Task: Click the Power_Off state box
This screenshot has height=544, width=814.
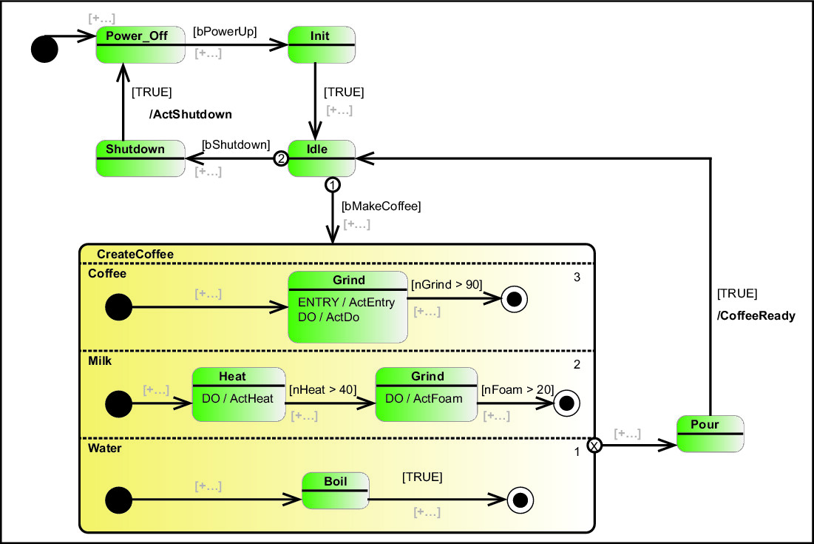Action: tap(140, 44)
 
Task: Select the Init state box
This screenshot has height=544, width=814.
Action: tap(322, 44)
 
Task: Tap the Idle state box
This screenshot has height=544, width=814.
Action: tap(322, 158)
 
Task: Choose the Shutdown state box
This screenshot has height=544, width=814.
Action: tap(140, 158)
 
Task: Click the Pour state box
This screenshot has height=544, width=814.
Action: tap(710, 434)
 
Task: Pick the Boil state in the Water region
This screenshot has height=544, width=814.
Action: tap(335, 491)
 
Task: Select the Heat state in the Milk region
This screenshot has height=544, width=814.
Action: tap(238, 394)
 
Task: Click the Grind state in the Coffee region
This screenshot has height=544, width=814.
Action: tap(347, 306)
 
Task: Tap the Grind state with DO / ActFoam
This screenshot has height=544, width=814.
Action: tap(427, 394)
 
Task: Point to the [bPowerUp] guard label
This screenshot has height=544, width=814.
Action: tap(225, 32)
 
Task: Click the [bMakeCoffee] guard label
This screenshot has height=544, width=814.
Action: tap(381, 206)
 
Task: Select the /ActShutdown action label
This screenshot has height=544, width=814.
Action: tap(191, 114)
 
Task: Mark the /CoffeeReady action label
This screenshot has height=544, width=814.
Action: tap(756, 315)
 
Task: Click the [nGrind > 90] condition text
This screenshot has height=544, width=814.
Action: tap(447, 283)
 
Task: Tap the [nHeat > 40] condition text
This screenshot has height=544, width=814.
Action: tap(323, 389)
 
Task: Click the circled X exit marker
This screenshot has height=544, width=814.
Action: tap(594, 445)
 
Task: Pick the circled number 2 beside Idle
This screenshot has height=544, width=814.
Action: tap(280, 158)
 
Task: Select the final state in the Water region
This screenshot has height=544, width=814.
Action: tap(520, 500)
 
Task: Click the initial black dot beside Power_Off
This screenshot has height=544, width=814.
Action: tap(44, 49)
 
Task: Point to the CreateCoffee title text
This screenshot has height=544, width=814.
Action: tap(135, 254)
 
